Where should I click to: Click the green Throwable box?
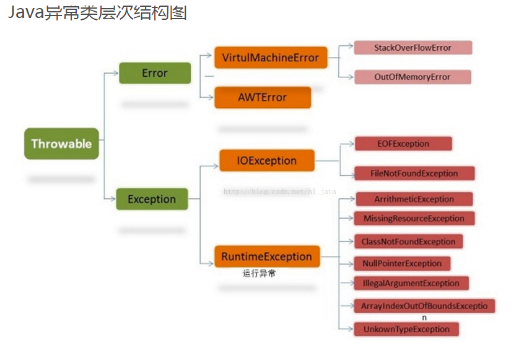pyautogui.click(x=61, y=144)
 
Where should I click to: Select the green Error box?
pyautogui.click(x=154, y=73)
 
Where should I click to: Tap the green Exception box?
pyautogui.click(x=152, y=200)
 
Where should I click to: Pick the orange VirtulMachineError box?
pyautogui.click(x=270, y=58)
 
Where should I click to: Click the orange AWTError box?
pyautogui.click(x=263, y=97)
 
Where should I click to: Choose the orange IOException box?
pyautogui.click(x=266, y=160)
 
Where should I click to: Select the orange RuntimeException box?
pyautogui.click(x=267, y=257)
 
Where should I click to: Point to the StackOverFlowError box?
pyautogui.click(x=413, y=48)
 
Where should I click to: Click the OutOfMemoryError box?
pyautogui.click(x=413, y=77)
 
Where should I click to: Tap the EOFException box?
pyautogui.click(x=403, y=144)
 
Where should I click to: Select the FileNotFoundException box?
pyautogui.click(x=414, y=173)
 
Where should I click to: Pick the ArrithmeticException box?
pyautogui.click(x=414, y=199)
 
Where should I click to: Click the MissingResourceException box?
pyautogui.click(x=414, y=218)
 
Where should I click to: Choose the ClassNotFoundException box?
pyautogui.click(x=409, y=242)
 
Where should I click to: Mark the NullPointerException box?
pyautogui.click(x=402, y=263)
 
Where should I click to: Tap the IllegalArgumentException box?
pyautogui.click(x=411, y=283)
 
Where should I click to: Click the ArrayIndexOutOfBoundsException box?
pyautogui.click(x=424, y=306)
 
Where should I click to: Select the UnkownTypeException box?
pyautogui.click(x=406, y=329)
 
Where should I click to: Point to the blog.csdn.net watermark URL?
pyautogui.click(x=279, y=192)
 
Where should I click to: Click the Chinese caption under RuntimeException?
pyautogui.click(x=259, y=273)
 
